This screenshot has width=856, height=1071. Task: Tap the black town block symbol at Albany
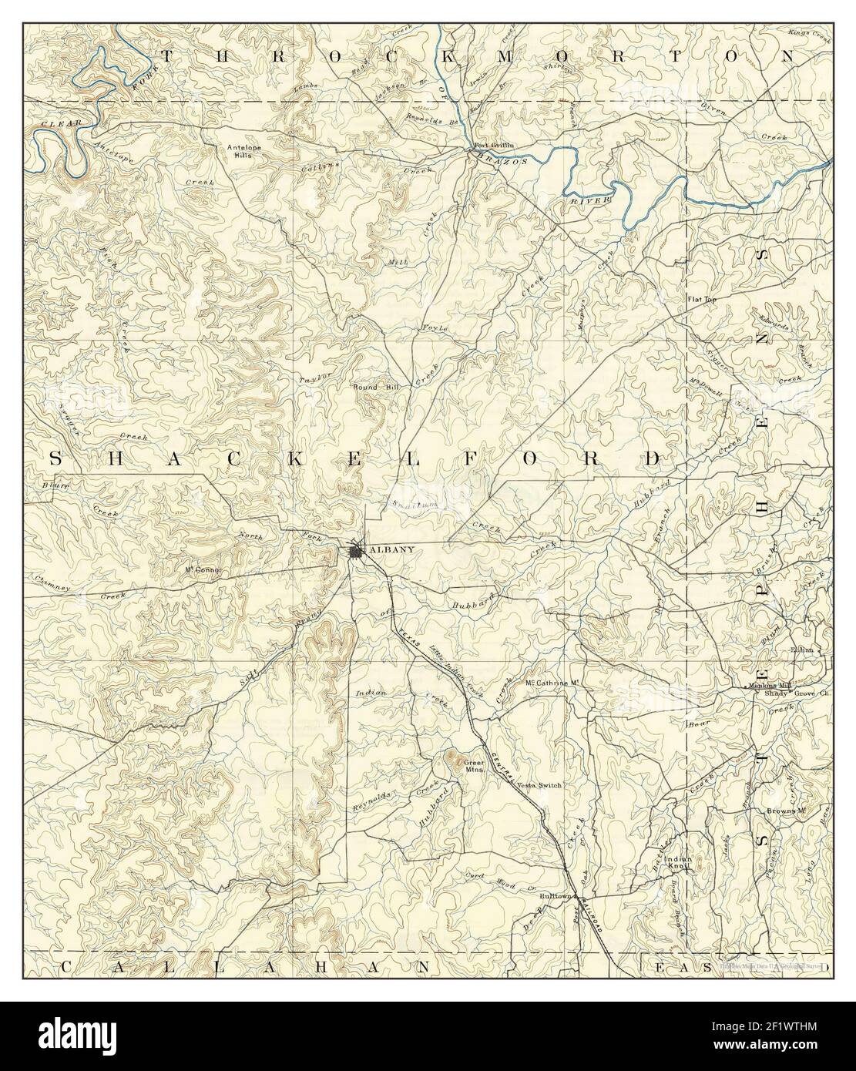(356, 551)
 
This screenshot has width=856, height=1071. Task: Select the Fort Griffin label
(493, 146)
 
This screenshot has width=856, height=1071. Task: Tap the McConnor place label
(203, 570)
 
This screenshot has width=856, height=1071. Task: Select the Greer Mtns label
(472, 765)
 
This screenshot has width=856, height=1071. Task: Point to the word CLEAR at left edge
(54, 123)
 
